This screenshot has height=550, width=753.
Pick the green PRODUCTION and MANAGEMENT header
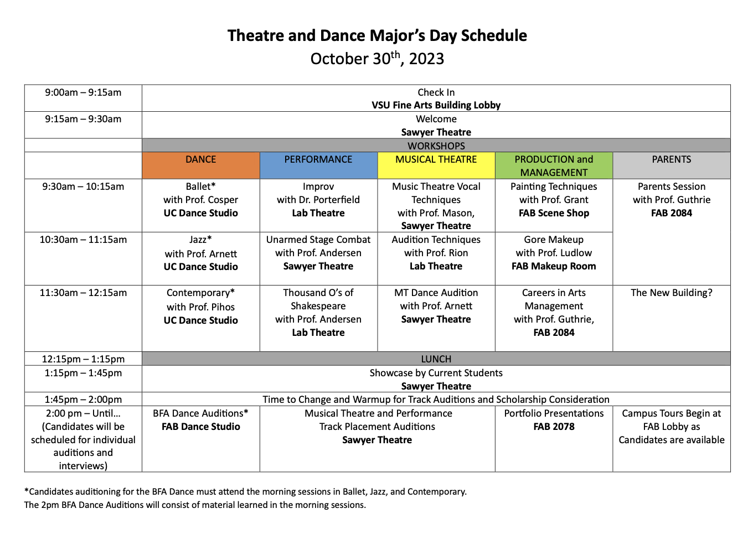pyautogui.click(x=554, y=165)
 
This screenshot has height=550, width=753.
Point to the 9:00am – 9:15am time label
pyautogui.click(x=83, y=92)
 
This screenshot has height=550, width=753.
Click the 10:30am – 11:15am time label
pyautogui.click(x=83, y=240)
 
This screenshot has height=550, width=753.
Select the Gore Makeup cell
pyautogui.click(x=554, y=253)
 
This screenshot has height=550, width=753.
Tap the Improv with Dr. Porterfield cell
pyautogui.click(x=318, y=200)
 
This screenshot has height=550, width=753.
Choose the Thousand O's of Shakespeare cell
pyautogui.click(x=318, y=313)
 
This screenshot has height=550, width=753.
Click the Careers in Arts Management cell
pyautogui.click(x=554, y=313)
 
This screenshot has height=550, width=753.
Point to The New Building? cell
pyautogui.click(x=672, y=293)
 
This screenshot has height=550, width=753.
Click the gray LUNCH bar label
pyautogui.click(x=436, y=359)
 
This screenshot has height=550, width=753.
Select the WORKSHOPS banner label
pyautogui.click(x=436, y=146)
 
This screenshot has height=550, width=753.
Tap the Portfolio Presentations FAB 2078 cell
pyautogui.click(x=554, y=420)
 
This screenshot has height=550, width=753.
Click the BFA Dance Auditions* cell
pyautogui.click(x=200, y=420)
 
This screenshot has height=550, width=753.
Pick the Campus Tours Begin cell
pyautogui.click(x=672, y=427)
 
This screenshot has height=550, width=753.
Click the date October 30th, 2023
pyautogui.click(x=377, y=59)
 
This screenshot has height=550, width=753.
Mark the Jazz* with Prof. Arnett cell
pyautogui.click(x=200, y=253)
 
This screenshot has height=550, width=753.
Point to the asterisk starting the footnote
pyautogui.click(x=26, y=490)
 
